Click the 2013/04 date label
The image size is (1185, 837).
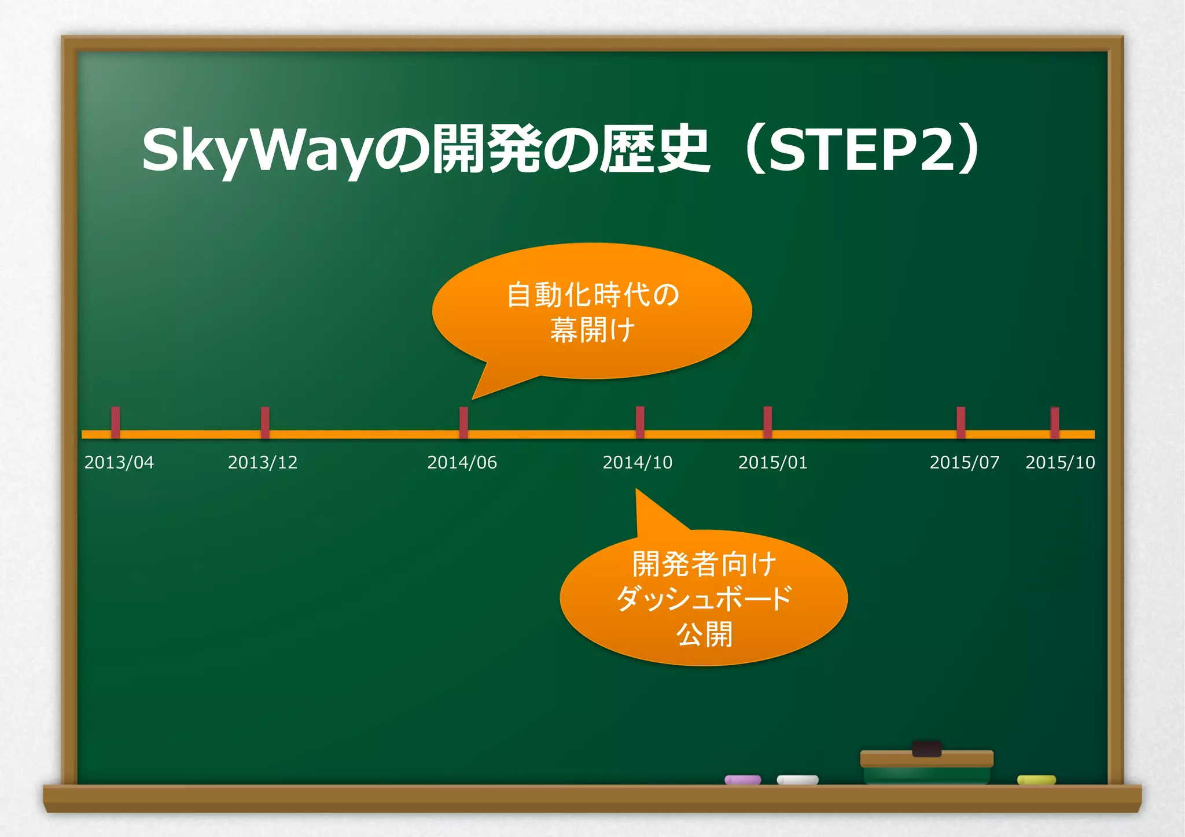119,462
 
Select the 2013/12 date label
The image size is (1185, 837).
263,462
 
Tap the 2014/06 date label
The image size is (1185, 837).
462,462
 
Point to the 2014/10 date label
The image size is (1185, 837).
637,462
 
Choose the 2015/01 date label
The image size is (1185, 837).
772,462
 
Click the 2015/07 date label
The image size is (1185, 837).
964,462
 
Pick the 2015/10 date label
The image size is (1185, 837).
1060,462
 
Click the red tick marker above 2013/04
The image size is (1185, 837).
116,422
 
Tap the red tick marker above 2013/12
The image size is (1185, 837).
265,422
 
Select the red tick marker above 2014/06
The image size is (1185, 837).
463,422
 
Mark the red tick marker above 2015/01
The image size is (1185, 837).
767,422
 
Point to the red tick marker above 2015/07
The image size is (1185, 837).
960,422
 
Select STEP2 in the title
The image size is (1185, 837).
862,149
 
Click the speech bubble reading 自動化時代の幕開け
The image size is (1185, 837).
592,311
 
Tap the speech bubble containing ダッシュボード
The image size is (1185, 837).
704,598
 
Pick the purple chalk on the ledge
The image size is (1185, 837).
743,780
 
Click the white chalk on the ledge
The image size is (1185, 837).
797,780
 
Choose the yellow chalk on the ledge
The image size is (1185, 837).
1036,780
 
